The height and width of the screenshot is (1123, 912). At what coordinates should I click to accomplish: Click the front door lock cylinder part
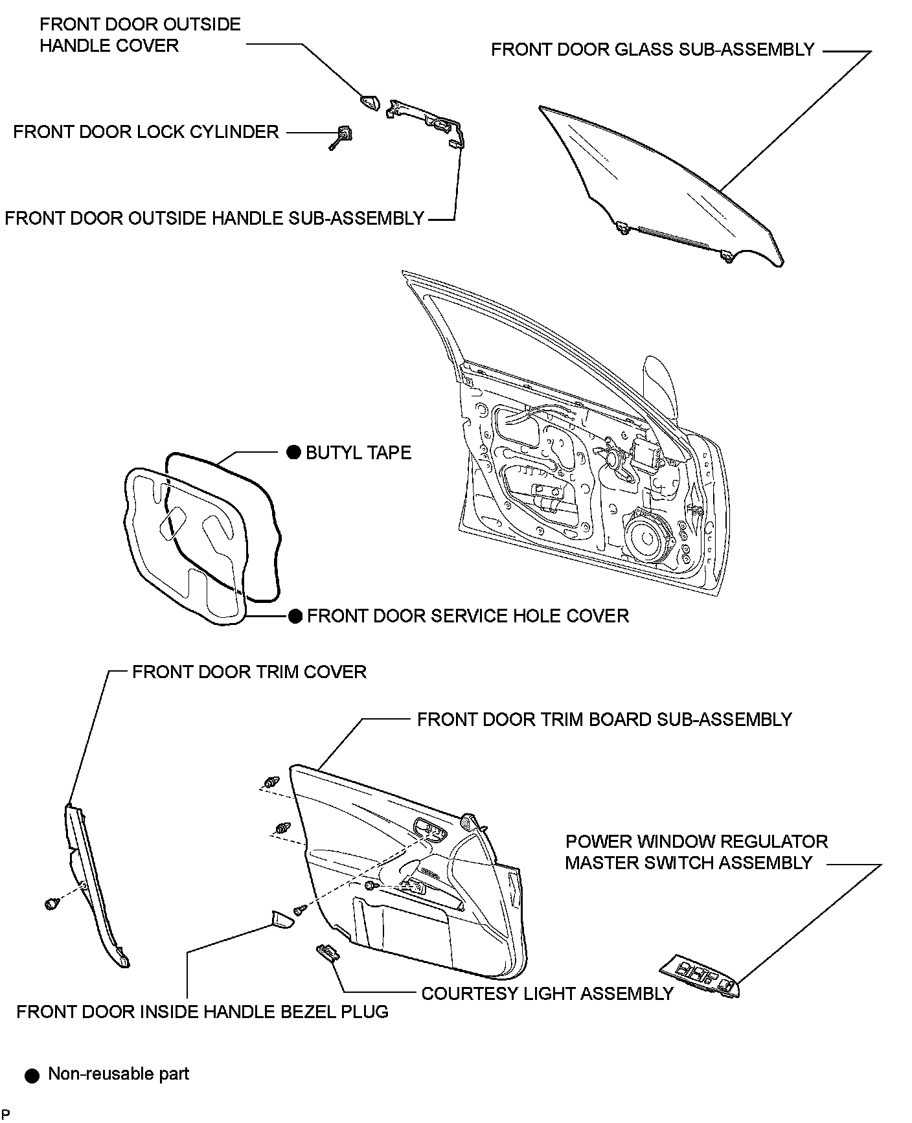pos(343,135)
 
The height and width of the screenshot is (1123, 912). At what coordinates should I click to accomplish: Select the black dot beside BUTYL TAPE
pos(293,452)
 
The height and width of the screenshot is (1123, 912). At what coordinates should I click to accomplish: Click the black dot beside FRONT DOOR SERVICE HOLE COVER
pos(295,616)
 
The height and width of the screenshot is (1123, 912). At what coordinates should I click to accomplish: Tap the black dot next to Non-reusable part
pos(32,1076)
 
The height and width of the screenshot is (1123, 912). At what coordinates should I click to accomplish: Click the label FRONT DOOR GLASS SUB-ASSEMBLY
pos(652,50)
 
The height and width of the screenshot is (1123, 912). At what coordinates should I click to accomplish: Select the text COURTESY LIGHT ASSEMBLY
pos(547,993)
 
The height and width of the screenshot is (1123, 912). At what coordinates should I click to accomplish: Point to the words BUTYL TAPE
pos(358,452)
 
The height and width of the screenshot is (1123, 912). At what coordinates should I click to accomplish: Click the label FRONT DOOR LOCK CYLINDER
pos(146,131)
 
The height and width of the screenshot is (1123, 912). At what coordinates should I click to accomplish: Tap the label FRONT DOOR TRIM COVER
pos(249,672)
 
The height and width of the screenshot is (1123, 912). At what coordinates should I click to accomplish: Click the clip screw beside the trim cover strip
pos(51,903)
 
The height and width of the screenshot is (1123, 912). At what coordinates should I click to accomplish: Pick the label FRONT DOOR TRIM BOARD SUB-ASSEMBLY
pos(604,720)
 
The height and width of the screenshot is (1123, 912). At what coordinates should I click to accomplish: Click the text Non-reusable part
pos(119,1074)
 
